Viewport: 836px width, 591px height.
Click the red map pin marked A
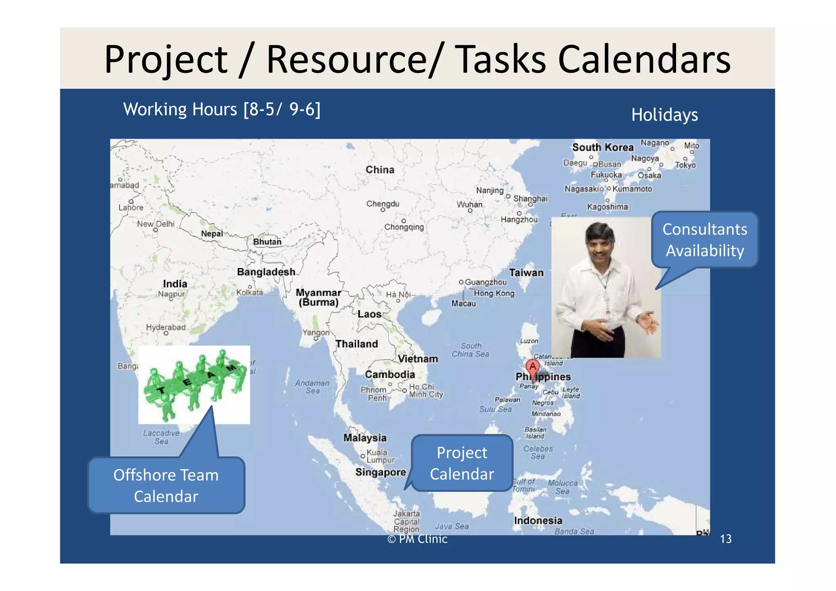click(x=532, y=367)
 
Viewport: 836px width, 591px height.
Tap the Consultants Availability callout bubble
click(x=705, y=240)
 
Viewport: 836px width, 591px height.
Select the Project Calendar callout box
click(x=462, y=463)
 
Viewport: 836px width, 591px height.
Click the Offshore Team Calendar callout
click(x=166, y=485)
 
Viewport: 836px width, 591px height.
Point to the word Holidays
click(x=664, y=115)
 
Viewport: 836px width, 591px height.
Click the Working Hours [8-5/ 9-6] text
click(x=222, y=109)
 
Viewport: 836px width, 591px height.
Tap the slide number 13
click(x=725, y=539)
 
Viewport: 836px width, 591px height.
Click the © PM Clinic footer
click(x=417, y=539)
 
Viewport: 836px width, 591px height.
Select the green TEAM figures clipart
click(x=194, y=384)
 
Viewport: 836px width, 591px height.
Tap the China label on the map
click(x=380, y=170)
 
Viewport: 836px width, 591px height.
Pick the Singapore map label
click(x=380, y=472)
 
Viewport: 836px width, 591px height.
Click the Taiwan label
click(x=526, y=273)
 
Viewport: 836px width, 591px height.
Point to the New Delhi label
click(x=156, y=224)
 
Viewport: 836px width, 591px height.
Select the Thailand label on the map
click(x=356, y=344)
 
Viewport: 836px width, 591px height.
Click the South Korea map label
click(x=603, y=147)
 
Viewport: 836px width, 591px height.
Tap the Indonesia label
click(x=538, y=521)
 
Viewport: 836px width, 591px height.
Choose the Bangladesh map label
click(x=266, y=272)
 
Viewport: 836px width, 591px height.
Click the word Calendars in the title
click(x=644, y=60)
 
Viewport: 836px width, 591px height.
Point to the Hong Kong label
click(x=494, y=293)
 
